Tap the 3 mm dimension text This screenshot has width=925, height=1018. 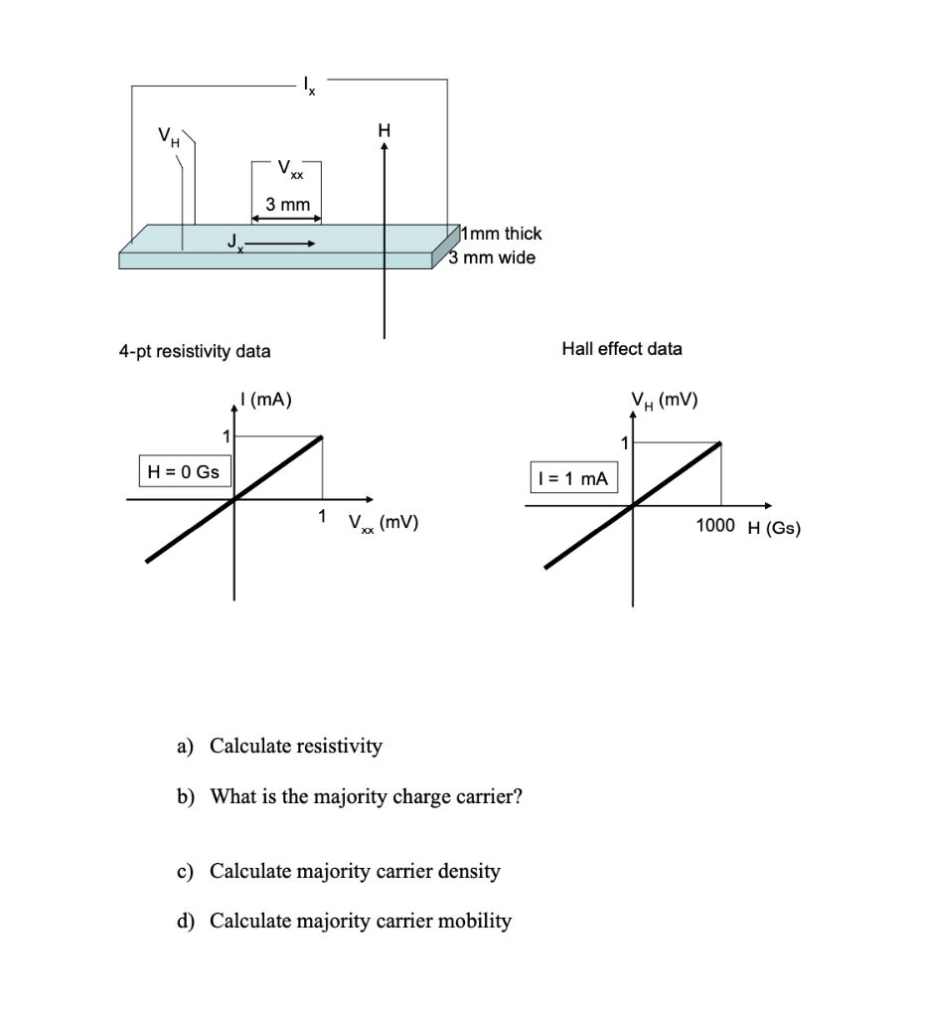[288, 205]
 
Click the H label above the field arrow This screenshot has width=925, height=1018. [385, 130]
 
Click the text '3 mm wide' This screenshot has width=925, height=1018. [492, 258]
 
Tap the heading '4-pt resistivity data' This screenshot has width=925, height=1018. [195, 351]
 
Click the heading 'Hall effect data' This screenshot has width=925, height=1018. [622, 349]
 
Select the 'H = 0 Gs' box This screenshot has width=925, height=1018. [182, 472]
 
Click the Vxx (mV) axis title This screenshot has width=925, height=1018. [383, 522]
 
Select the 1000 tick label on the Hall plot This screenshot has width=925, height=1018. [715, 526]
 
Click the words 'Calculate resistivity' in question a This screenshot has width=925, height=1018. [295, 746]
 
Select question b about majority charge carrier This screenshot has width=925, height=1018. [366, 797]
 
